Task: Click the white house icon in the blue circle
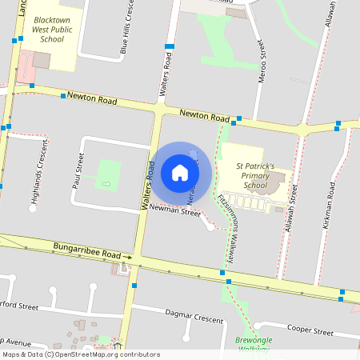(x=180, y=172)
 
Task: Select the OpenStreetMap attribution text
(x=81, y=354)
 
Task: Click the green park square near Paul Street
(x=108, y=174)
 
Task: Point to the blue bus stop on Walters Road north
(x=169, y=47)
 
